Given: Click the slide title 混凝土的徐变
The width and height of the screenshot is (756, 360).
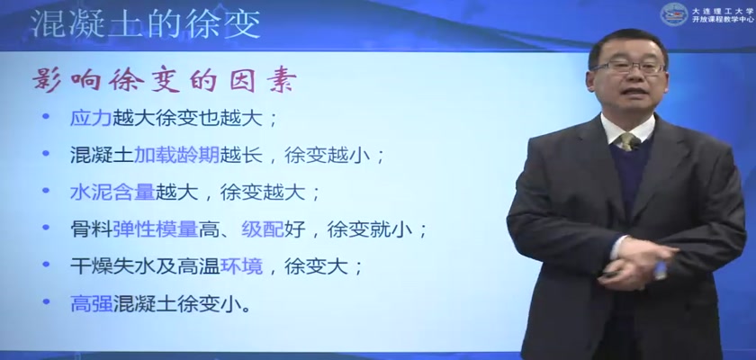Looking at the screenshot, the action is tap(146, 23).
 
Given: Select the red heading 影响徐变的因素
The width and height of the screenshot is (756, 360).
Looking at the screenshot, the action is tap(164, 81).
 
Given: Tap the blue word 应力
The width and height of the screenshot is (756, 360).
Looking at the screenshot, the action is tap(91, 118).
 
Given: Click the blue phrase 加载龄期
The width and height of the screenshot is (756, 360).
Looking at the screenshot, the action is tap(176, 155).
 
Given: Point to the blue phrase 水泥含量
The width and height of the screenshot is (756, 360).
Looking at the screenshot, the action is tap(112, 193).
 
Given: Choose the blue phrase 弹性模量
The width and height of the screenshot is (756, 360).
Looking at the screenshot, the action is tap(155, 229).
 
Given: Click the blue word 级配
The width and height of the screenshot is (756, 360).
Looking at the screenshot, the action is tap(262, 229).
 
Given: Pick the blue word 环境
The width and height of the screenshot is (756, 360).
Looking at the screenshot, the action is tap(241, 266).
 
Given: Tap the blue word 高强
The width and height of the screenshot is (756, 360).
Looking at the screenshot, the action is tap(91, 303).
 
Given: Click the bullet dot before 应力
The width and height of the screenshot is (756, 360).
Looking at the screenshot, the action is tap(46, 116).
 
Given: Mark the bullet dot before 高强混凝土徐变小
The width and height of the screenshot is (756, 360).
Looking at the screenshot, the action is tap(46, 301).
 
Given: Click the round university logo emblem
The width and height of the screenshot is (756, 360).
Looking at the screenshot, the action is tap(673, 14).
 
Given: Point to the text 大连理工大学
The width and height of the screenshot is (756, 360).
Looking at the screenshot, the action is tap(722, 10).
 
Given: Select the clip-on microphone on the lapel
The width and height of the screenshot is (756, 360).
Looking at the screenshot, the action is tap(635, 143).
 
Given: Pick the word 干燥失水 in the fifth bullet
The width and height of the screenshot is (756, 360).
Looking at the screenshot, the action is tap(112, 266).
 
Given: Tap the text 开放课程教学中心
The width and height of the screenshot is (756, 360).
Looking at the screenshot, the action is tap(722, 20).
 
